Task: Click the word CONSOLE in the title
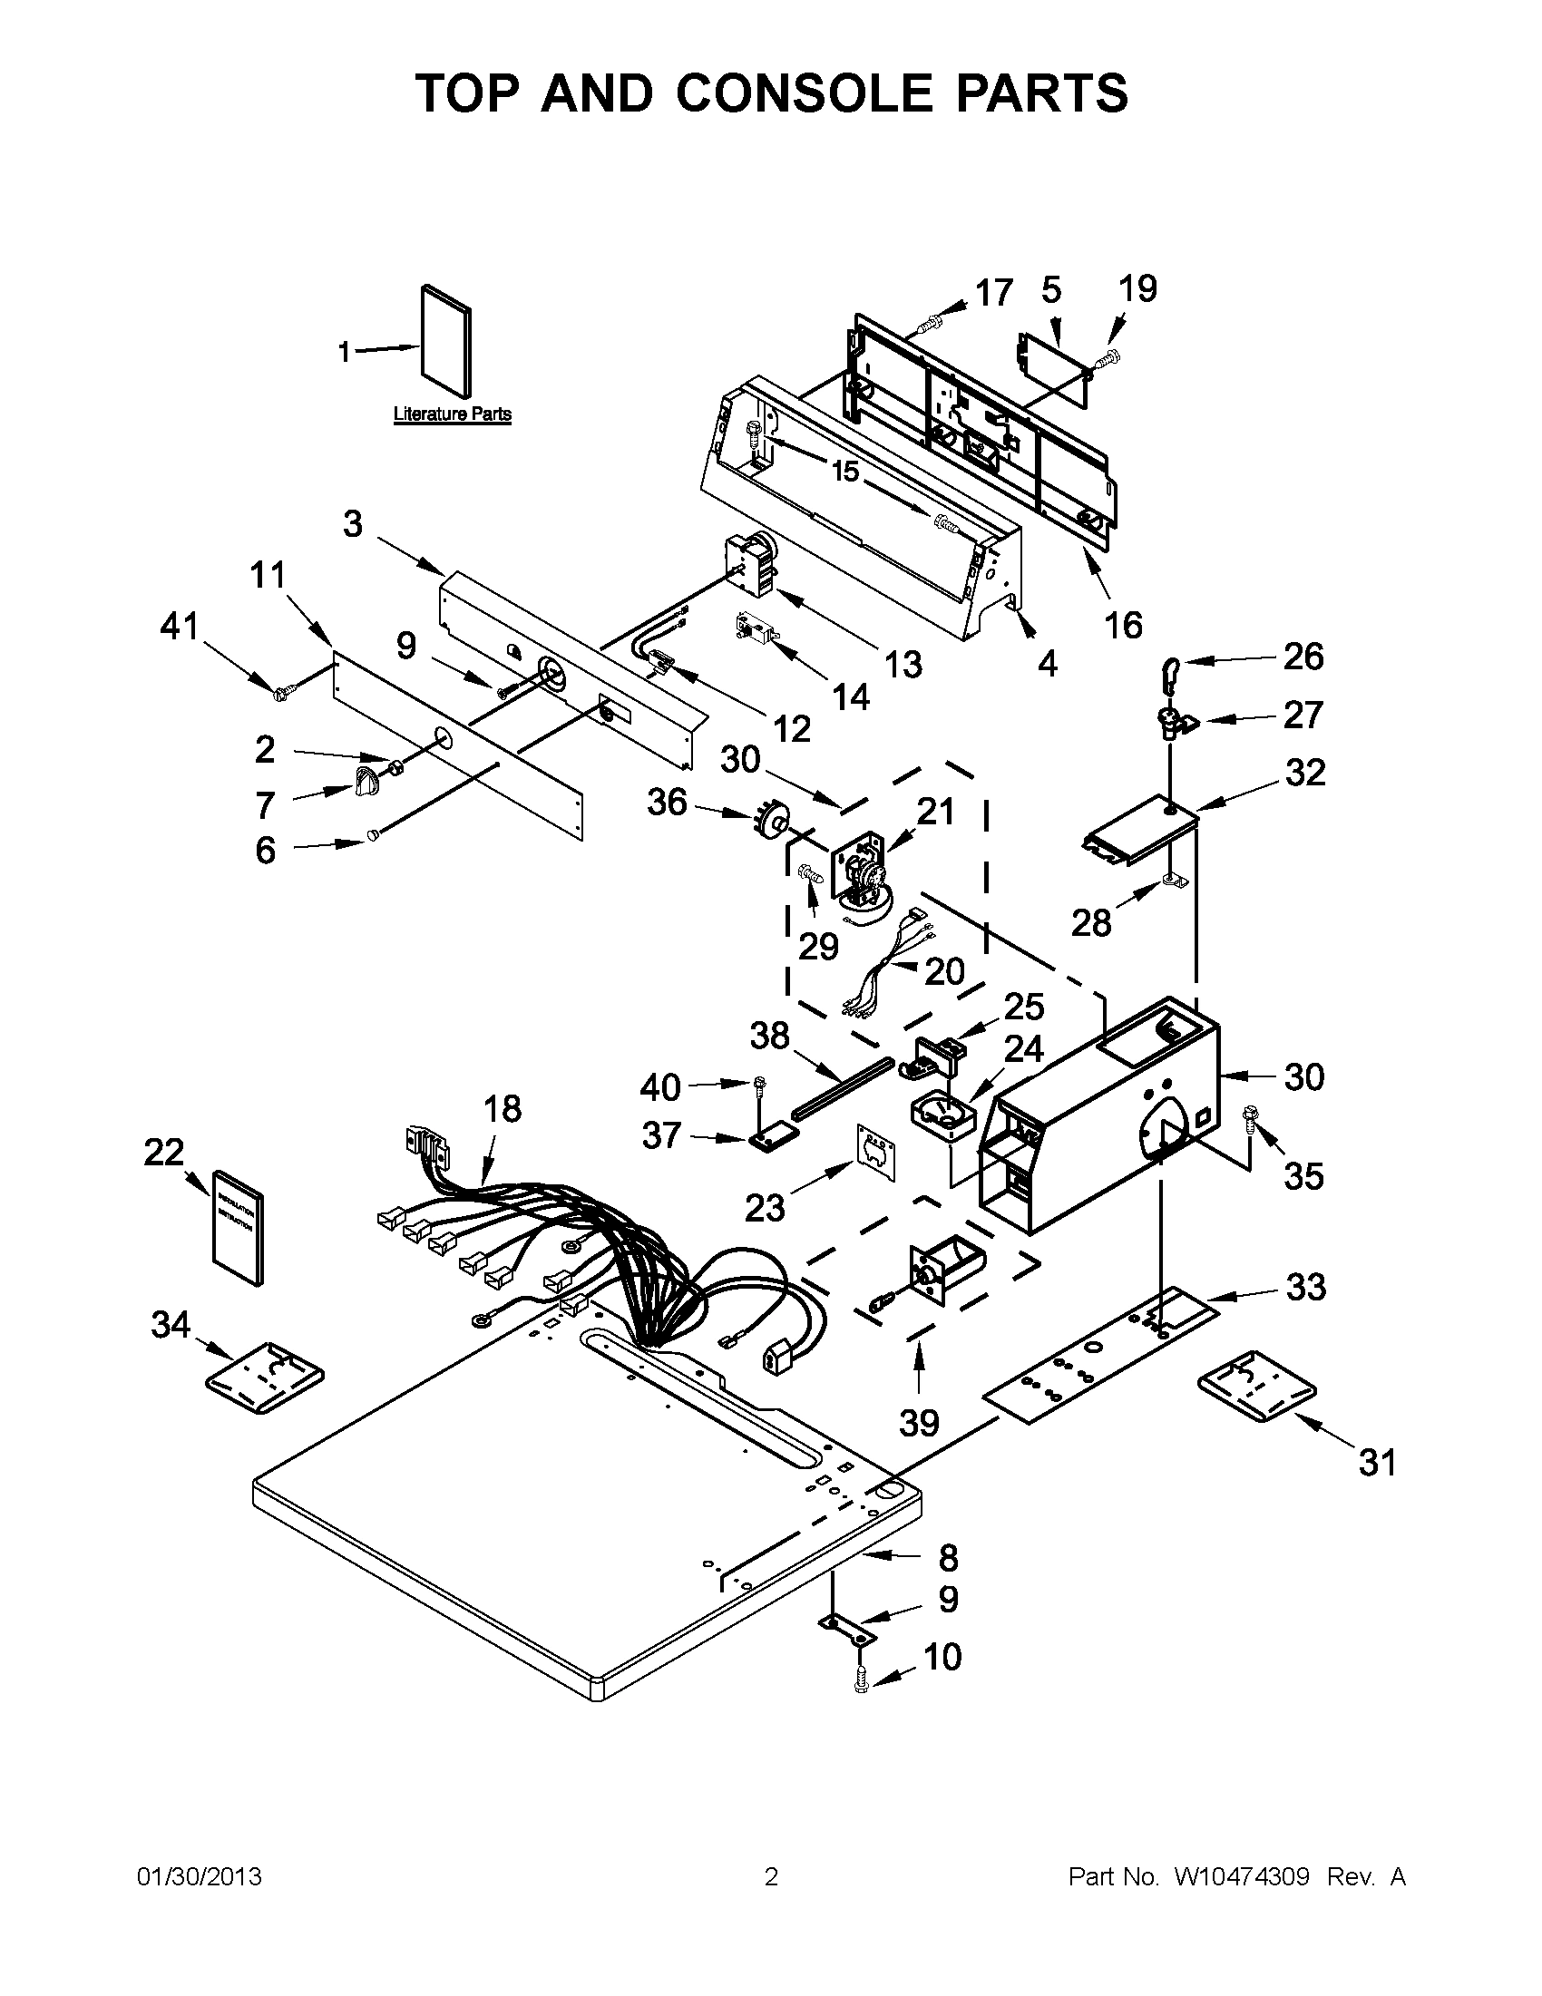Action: pos(805,93)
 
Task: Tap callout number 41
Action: pos(180,627)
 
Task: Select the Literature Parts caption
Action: pos(452,414)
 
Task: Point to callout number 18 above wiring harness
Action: pos(503,1108)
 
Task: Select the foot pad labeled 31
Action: pos(1257,1389)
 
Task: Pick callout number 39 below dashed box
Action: pos(919,1423)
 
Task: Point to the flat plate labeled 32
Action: pos(1140,830)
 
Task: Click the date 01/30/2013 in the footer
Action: pos(199,1877)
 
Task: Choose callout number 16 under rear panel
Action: pos(1122,625)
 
